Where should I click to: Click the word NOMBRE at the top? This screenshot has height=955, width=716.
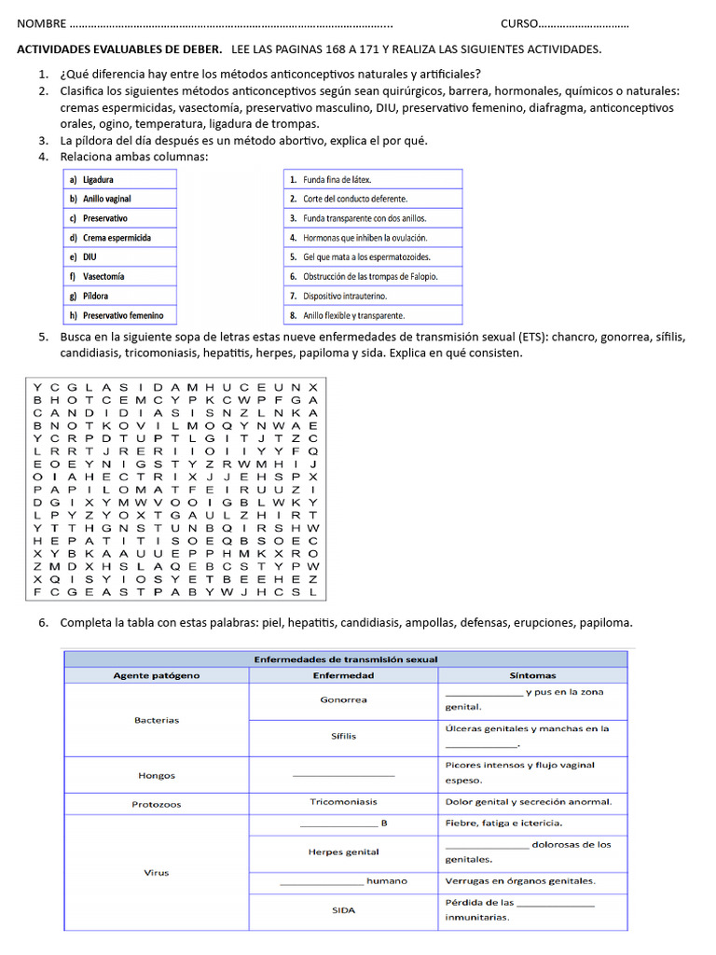click(x=42, y=23)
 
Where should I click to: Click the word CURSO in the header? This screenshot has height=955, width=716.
click(x=518, y=23)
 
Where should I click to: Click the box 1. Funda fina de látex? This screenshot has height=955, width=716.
click(x=372, y=179)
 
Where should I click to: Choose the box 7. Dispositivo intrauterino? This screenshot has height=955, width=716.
click(x=372, y=297)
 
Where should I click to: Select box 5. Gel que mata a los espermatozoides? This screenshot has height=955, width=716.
click(x=372, y=257)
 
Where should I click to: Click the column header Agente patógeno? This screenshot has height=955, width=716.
click(x=156, y=675)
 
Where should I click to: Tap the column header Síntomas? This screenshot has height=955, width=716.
click(x=532, y=675)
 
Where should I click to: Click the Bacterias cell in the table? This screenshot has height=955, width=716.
click(x=156, y=720)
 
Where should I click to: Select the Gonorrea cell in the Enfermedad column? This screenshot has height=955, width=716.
click(x=343, y=699)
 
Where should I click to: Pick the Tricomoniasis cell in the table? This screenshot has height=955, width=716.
click(x=343, y=802)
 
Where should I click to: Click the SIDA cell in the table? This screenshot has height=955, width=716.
click(x=343, y=910)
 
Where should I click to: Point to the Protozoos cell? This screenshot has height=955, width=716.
click(x=156, y=804)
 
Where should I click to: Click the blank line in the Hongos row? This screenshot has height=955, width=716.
click(x=343, y=776)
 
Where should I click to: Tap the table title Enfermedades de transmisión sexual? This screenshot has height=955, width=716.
click(x=345, y=659)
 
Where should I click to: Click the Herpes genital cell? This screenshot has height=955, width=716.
click(x=343, y=851)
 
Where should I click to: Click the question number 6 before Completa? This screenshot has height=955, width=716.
click(x=43, y=622)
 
